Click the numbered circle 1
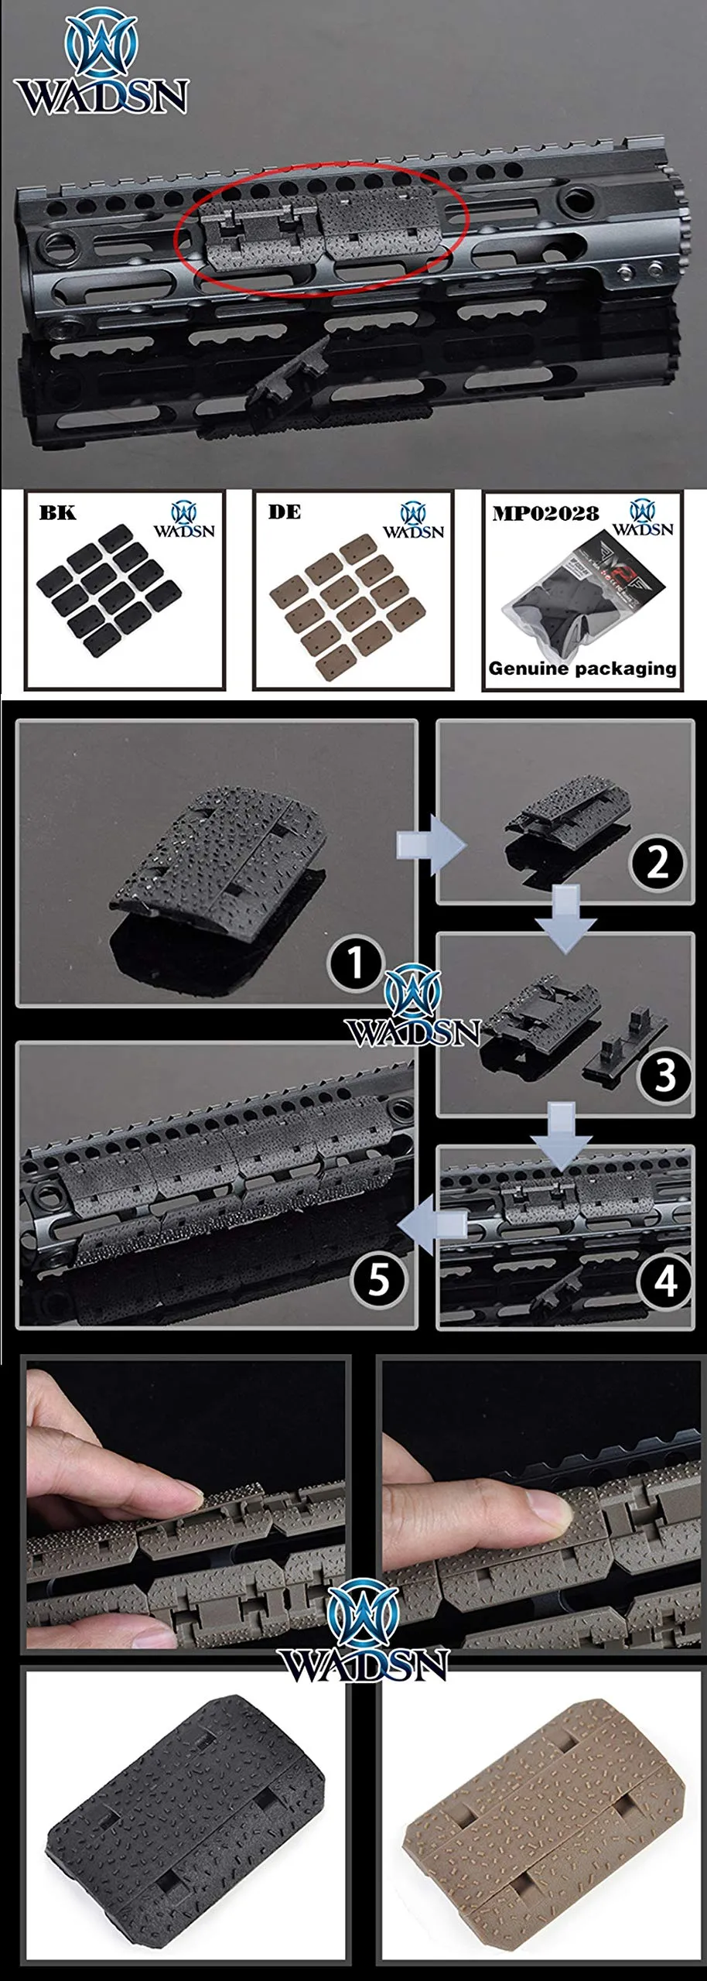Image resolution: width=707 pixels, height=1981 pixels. [356, 963]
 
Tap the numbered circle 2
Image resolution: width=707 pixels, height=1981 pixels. [657, 862]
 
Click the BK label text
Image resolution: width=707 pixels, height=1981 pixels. [57, 514]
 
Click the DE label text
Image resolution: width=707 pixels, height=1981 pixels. [285, 512]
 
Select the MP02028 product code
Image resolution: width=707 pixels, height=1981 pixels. [545, 514]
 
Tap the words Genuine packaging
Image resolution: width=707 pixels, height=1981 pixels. [582, 669]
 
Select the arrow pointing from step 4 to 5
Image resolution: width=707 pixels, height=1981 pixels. [434, 1225]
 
